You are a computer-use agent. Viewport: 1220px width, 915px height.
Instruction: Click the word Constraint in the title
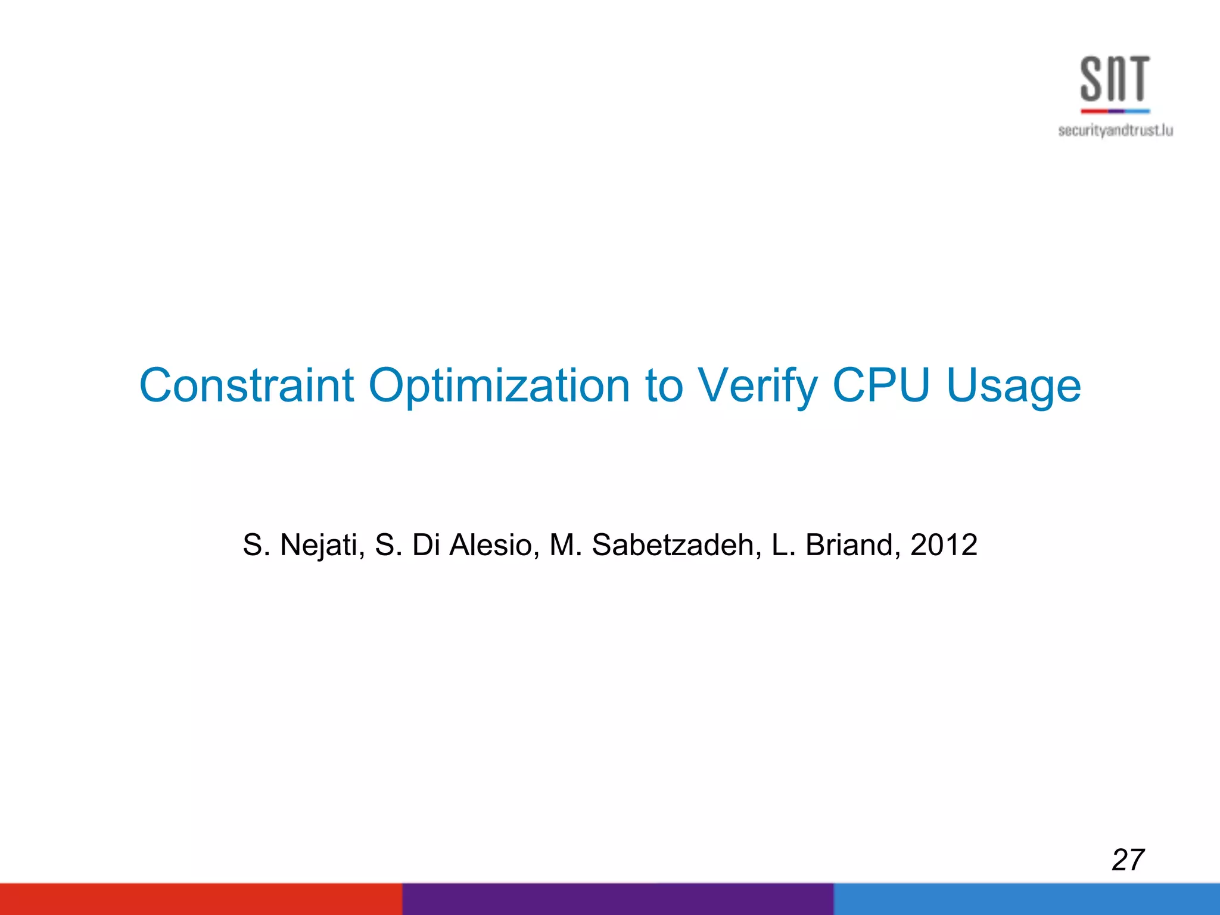pyautogui.click(x=247, y=385)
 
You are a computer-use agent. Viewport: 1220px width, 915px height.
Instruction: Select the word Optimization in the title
pyautogui.click(x=499, y=387)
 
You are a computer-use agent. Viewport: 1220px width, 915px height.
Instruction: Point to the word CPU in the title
pyautogui.click(x=880, y=385)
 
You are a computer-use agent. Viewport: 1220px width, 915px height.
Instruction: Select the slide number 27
pyautogui.click(x=1128, y=860)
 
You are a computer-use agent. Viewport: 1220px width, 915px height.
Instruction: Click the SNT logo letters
pyautogui.click(x=1115, y=79)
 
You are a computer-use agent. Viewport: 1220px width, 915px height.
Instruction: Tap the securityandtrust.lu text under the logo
pyautogui.click(x=1115, y=130)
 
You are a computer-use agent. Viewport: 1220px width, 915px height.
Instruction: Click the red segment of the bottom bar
pyautogui.click(x=201, y=899)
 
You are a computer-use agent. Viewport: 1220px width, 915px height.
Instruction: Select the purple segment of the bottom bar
pyautogui.click(x=618, y=899)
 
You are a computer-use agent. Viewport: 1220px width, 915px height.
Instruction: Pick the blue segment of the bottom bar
pyautogui.click(x=1026, y=899)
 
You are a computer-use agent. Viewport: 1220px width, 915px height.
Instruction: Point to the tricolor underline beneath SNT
pyautogui.click(x=1115, y=111)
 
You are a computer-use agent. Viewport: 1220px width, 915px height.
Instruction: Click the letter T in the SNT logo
pyautogui.click(x=1137, y=79)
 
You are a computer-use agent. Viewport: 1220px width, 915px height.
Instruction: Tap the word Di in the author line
pyautogui.click(x=425, y=545)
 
